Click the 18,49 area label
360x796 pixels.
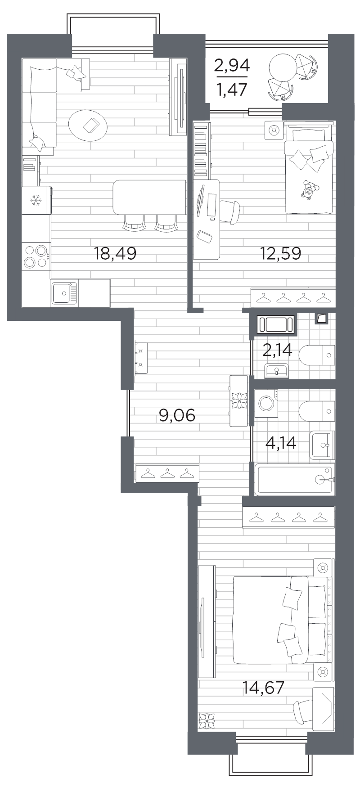[x=115, y=254]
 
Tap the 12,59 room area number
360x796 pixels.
[x=280, y=254]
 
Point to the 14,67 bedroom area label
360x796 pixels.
[x=264, y=687]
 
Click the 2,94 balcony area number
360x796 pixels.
[x=232, y=66]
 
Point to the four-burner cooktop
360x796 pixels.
[x=36, y=256]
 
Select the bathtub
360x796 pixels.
[x=295, y=480]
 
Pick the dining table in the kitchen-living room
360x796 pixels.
[x=149, y=197]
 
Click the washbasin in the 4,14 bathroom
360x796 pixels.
[x=322, y=445]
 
